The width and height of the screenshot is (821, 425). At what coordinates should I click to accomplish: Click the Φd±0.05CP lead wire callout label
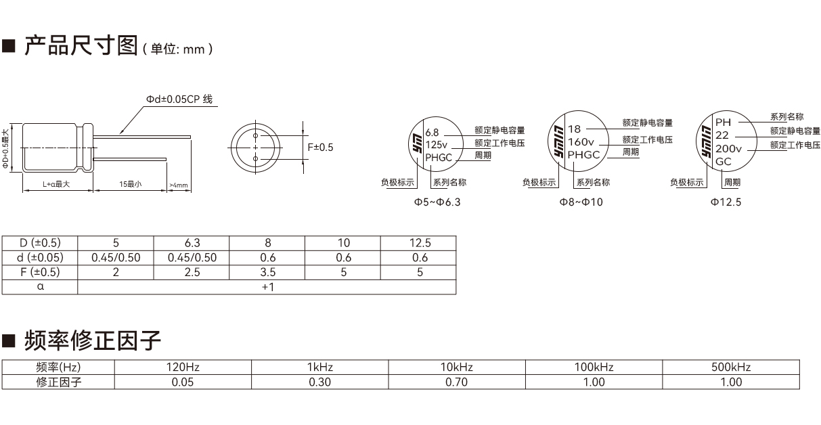coord(179,99)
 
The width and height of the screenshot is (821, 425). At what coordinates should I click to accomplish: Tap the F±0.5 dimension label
coord(320,148)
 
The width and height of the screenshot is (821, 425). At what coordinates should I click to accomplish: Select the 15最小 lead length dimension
coord(130,184)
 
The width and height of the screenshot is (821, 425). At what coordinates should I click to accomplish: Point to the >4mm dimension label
coord(179,185)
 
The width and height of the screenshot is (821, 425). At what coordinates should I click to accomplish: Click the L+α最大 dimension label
coord(56,184)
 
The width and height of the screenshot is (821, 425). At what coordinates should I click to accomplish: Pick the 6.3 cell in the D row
coord(192,243)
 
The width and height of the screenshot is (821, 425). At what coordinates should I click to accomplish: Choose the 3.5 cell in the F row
coord(267,272)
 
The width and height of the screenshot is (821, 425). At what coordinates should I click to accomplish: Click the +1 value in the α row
coord(267,287)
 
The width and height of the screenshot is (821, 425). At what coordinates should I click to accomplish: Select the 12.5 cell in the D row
coord(420,243)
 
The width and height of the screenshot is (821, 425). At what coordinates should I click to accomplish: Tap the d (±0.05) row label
coord(40,258)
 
